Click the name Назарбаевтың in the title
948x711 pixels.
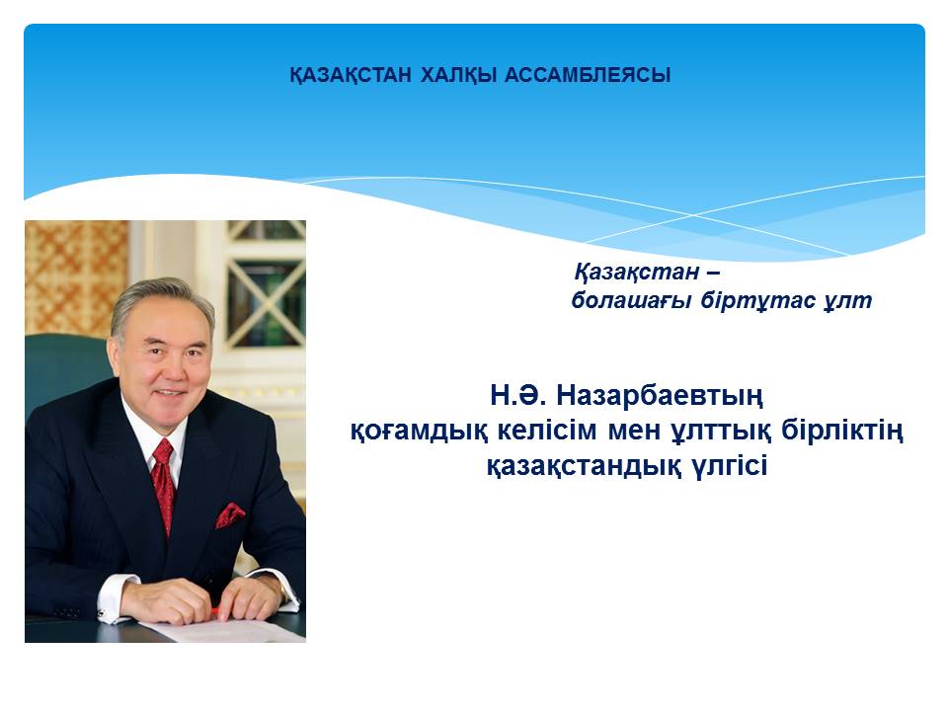coord(660,397)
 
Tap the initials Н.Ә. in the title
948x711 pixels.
coord(518,396)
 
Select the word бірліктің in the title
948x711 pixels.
coord(842,432)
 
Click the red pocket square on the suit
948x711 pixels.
coord(230,514)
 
